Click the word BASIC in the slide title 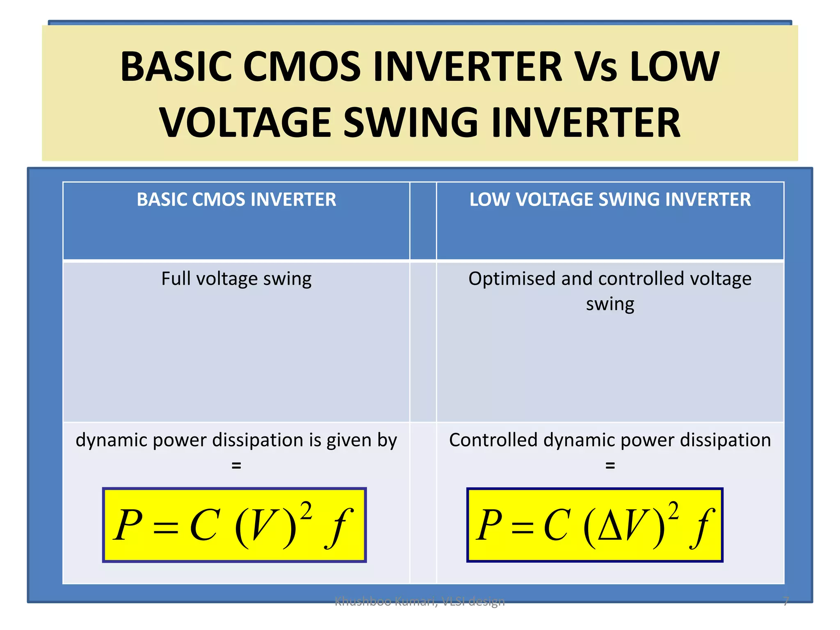tap(176, 66)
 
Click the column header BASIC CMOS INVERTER tap(236, 200)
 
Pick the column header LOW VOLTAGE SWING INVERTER tap(610, 200)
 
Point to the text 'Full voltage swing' tap(236, 279)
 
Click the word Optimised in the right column tap(512, 279)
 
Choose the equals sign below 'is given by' tap(236, 466)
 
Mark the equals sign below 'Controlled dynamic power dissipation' tap(610, 466)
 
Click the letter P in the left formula tap(128, 525)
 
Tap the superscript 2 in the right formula tap(673, 511)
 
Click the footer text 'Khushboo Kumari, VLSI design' tap(420, 601)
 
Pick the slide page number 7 tap(785, 601)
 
